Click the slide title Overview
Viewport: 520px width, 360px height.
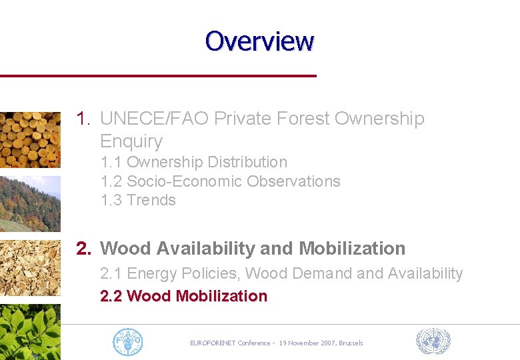coord(259,41)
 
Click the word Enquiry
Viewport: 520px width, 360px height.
coord(131,141)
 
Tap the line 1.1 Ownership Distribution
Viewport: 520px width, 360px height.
coord(194,162)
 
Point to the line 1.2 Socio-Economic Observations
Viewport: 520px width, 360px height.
coord(220,181)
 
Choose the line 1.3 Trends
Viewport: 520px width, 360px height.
coord(138,200)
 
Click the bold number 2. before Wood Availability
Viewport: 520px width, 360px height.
coord(84,249)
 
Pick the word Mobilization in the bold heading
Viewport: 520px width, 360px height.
coord(352,249)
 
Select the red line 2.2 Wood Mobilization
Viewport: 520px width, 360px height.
coord(183,296)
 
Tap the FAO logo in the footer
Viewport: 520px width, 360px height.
coord(128,341)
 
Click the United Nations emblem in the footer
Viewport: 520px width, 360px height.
coord(433,341)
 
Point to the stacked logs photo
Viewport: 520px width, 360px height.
coord(30,139)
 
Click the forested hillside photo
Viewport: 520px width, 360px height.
coord(30,203)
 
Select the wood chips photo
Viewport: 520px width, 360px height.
coord(30,267)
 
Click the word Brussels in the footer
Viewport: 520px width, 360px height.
coord(351,343)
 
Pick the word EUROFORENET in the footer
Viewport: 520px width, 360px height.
coord(214,343)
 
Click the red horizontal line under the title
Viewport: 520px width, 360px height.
coord(158,76)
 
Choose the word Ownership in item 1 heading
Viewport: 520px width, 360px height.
coord(379,119)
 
